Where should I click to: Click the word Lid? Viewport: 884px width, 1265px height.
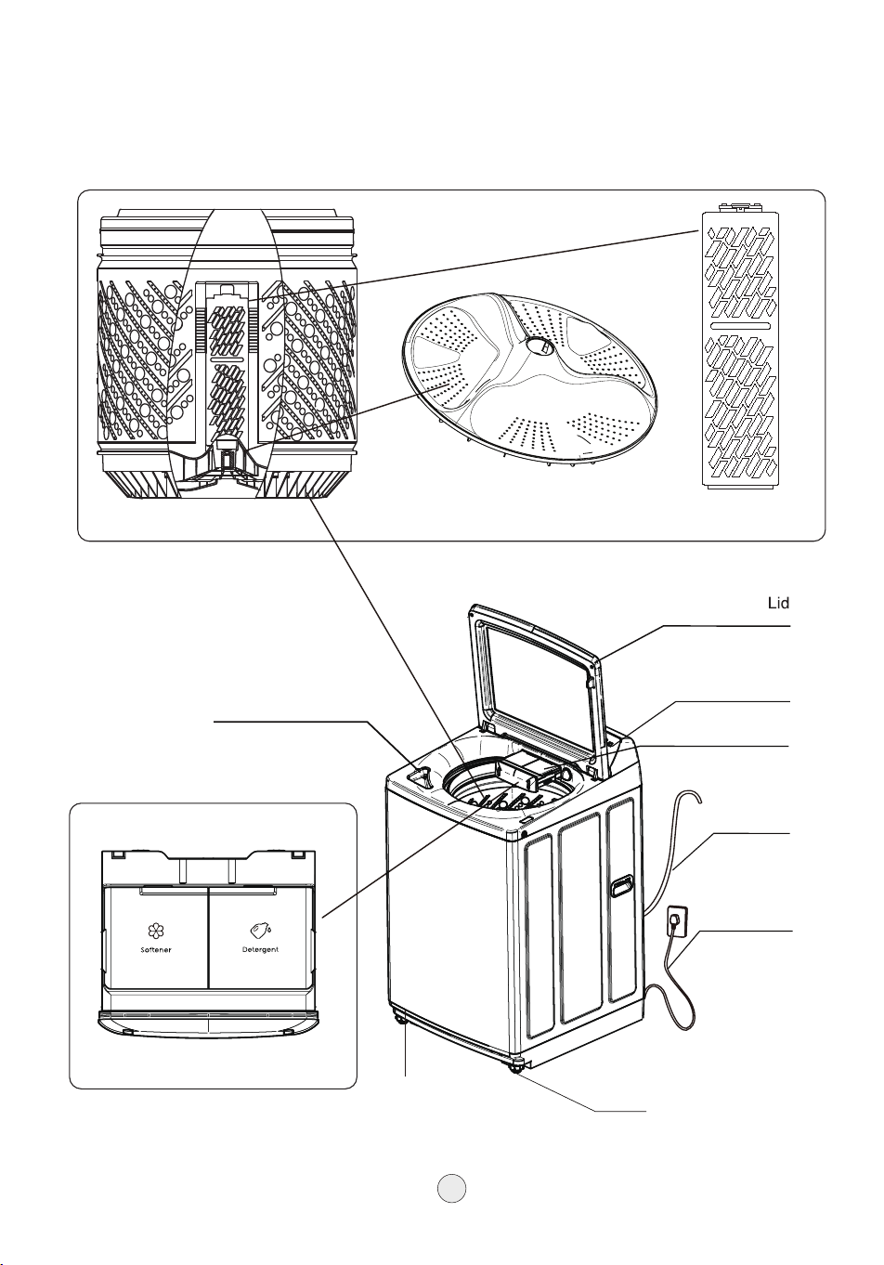(778, 603)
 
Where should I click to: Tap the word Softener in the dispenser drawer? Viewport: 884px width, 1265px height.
(156, 950)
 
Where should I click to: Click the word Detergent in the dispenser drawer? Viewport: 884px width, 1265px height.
(260, 950)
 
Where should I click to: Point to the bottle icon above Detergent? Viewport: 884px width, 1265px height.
(261, 930)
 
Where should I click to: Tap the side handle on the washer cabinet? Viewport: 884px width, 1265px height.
(620, 885)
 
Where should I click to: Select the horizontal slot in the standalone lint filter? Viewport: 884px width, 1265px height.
(740, 326)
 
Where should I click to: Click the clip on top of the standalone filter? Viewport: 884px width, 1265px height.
(740, 208)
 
